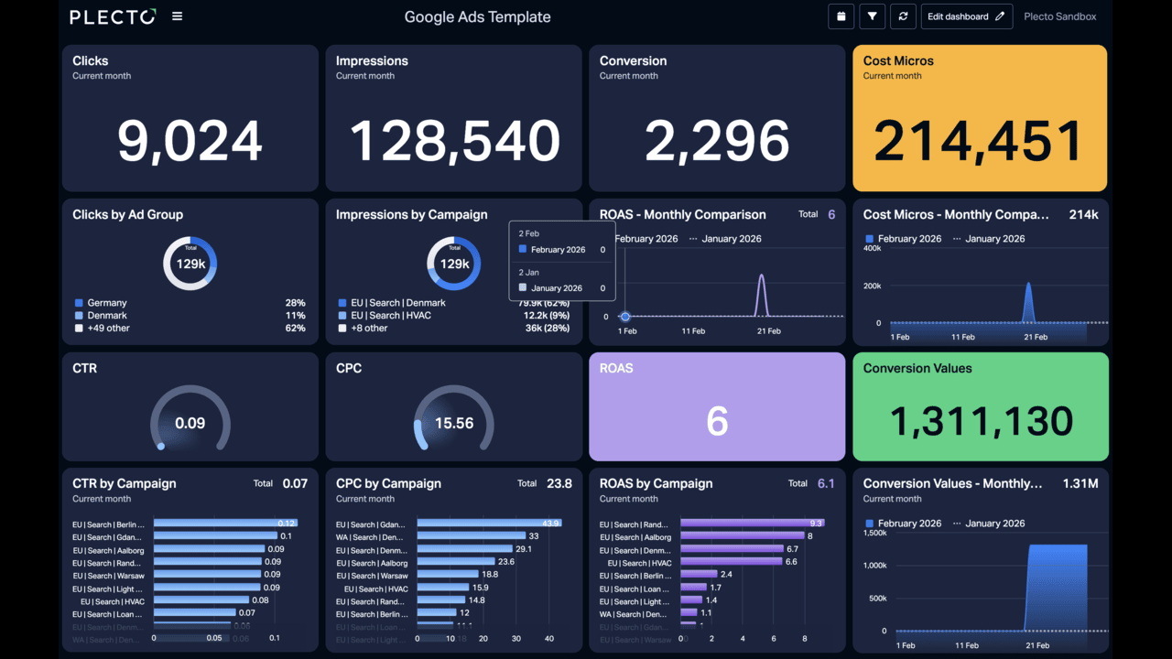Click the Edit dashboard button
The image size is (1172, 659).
click(x=966, y=16)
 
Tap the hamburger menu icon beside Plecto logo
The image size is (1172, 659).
click(x=178, y=16)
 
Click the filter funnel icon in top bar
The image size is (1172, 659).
click(x=872, y=16)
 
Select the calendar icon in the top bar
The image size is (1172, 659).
click(x=841, y=16)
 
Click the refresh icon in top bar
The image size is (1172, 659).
click(x=903, y=16)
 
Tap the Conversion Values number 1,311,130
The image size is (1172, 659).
click(x=981, y=421)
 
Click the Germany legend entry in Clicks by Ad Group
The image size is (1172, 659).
click(x=107, y=303)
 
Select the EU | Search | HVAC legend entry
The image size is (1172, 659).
click(x=390, y=316)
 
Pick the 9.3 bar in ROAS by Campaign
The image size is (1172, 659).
click(x=751, y=524)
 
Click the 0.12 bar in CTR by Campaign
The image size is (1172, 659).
click(x=224, y=524)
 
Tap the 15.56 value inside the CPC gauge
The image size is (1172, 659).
click(x=454, y=424)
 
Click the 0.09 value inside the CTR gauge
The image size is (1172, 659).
click(x=190, y=424)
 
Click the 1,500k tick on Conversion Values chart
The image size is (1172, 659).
click(x=874, y=533)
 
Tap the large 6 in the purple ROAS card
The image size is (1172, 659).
click(x=717, y=421)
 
